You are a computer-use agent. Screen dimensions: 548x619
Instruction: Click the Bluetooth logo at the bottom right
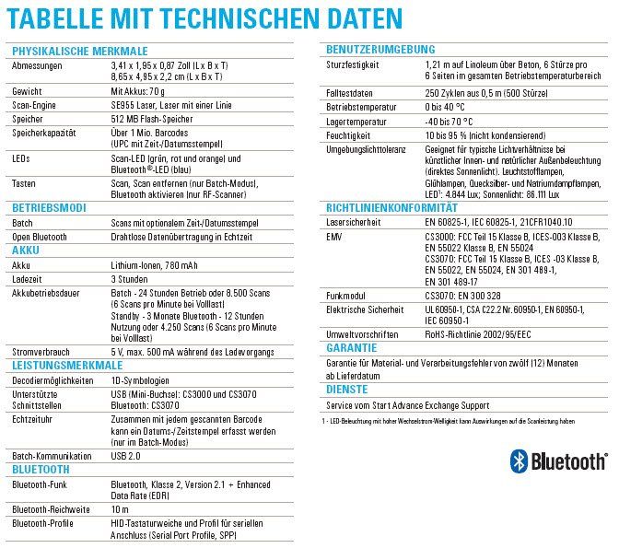558,460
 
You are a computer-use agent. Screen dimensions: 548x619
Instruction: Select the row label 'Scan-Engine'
35,106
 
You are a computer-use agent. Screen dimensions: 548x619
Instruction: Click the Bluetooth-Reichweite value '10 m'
121,509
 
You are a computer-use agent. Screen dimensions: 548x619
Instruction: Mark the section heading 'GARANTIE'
353,348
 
